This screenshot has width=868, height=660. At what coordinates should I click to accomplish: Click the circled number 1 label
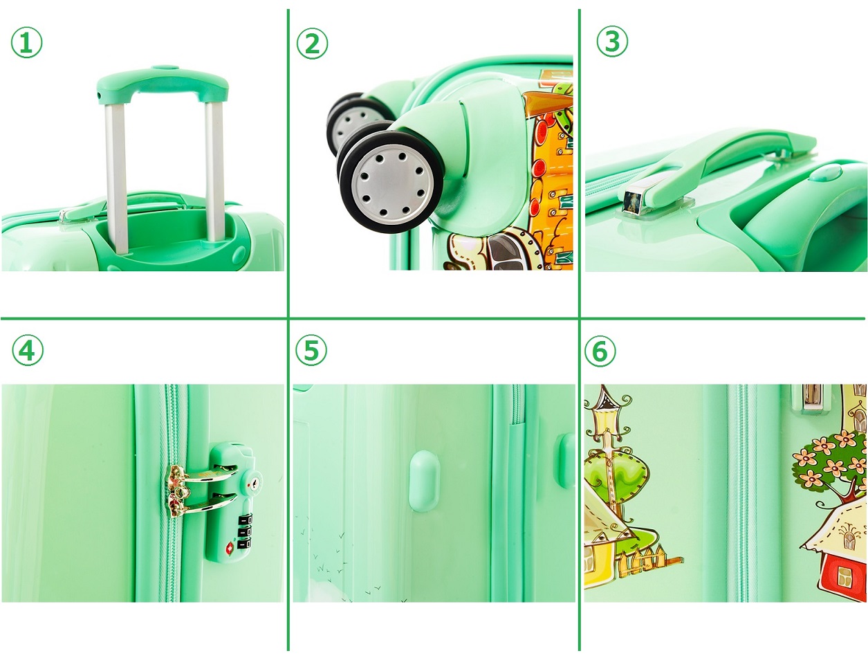26,42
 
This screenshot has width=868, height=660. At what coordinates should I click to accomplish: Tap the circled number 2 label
312,43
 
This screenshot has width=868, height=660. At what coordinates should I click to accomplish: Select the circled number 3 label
612,41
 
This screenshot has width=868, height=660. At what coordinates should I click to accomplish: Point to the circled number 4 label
27,350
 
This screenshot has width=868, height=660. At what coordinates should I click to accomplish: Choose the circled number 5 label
312,350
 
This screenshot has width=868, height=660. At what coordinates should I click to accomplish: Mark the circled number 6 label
600,350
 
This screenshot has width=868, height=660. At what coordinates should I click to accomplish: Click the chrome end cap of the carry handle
632,202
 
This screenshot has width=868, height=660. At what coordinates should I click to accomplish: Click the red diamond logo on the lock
230,547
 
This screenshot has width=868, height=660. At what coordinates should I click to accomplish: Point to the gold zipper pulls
178,491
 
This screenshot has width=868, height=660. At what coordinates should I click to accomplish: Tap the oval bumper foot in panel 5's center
424,481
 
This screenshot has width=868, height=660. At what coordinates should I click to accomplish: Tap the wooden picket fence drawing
649,558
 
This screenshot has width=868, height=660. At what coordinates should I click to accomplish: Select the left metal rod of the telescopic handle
116,178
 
